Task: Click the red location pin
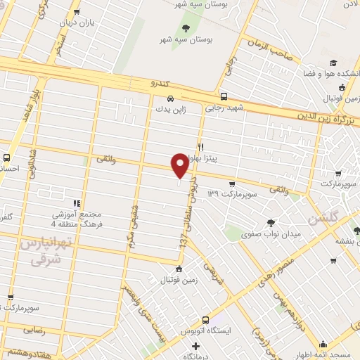[180, 165]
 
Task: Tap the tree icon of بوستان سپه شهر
[186, 29]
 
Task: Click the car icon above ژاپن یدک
[171, 98]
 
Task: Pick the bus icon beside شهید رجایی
[224, 97]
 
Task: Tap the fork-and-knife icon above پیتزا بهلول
[201, 147]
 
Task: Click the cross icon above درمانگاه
[196, 346]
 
